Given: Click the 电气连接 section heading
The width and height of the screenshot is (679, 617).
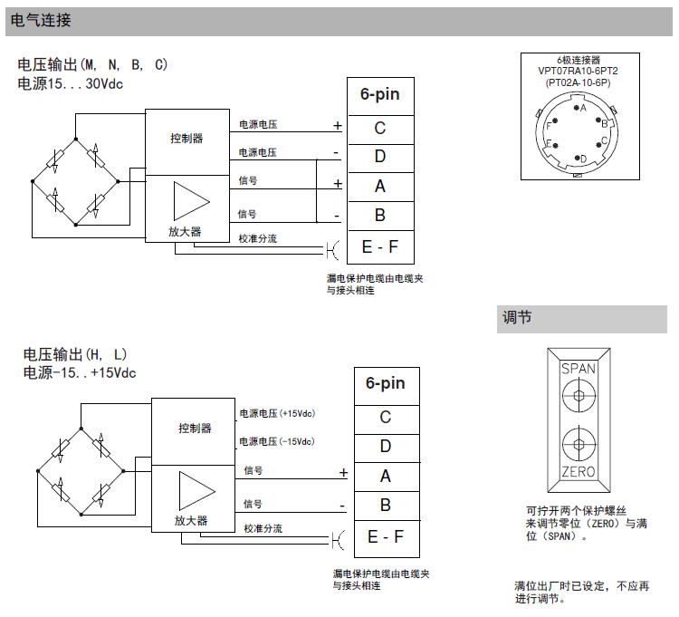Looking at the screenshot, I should [x=42, y=20].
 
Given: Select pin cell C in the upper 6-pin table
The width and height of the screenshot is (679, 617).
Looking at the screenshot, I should [x=380, y=128].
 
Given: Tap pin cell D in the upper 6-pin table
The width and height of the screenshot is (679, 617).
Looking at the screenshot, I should [x=380, y=157].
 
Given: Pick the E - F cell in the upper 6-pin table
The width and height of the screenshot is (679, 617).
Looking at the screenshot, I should [x=380, y=246].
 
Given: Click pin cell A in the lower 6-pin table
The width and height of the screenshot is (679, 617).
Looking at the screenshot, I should [x=386, y=476].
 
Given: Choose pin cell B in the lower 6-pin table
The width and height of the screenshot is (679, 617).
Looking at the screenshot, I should [x=386, y=505].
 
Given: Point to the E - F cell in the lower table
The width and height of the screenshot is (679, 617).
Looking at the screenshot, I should [x=386, y=537].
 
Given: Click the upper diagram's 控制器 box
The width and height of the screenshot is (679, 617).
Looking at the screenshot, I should [x=186, y=139].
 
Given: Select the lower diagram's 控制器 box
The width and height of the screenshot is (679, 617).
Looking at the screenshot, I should [x=195, y=428].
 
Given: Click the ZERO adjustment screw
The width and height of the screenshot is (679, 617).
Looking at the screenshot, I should [x=578, y=445].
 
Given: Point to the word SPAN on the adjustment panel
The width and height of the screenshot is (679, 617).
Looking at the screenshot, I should [x=579, y=369].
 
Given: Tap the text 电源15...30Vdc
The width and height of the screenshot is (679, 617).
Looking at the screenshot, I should [x=70, y=83].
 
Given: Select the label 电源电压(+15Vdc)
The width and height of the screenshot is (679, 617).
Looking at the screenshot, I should [x=276, y=413].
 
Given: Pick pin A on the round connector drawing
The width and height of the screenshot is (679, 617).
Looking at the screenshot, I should [x=579, y=108].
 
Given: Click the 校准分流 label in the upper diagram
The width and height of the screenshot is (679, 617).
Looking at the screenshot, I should [x=257, y=238].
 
